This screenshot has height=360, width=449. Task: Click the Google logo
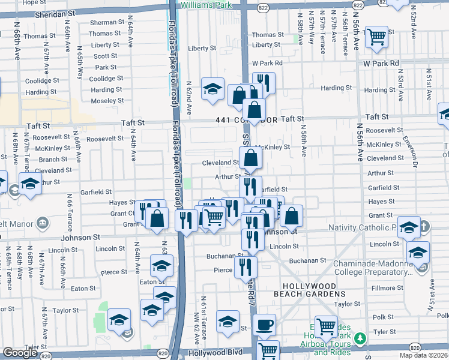click(x=20, y=353)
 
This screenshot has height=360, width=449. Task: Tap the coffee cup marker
click(x=264, y=326)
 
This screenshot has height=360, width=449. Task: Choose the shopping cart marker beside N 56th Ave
click(x=376, y=37)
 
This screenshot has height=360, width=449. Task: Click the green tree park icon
click(x=360, y=339)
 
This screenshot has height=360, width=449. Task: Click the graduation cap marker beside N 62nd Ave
click(x=212, y=89)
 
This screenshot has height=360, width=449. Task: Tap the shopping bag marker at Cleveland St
click(x=251, y=159)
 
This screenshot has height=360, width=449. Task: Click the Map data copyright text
click(x=423, y=355)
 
